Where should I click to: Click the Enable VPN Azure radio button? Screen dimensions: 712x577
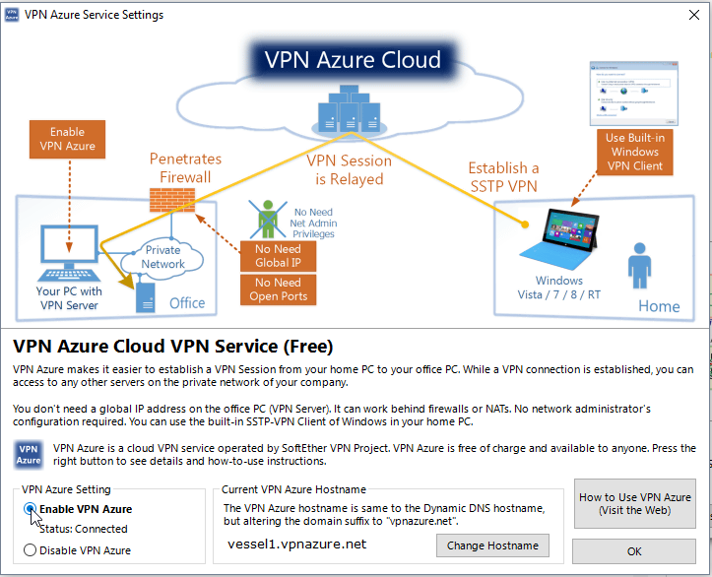pos(30,509)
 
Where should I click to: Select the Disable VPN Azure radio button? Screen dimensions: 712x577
pos(30,550)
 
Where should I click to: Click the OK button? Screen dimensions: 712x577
pos(634,551)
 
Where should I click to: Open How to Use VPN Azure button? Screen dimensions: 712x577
pos(635,503)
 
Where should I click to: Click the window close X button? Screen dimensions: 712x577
pos(694,15)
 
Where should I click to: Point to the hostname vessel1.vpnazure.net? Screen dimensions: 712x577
pos(297,544)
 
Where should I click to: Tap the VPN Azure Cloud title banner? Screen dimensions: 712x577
pos(353,59)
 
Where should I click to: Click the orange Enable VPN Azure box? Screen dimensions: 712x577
pos(67,139)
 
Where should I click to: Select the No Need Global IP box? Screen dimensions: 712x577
pos(278,256)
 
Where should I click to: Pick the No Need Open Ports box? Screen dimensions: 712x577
pos(278,289)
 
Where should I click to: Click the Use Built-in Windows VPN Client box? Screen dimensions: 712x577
pos(635,152)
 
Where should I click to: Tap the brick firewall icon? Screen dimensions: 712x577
pos(172,200)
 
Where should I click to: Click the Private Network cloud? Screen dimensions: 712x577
pos(162,258)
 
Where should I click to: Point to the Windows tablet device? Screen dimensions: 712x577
pos(559,239)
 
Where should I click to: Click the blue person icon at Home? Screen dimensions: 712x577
pos(640,266)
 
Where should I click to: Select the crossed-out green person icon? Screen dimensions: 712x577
pos(268,219)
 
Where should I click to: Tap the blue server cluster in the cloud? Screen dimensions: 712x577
pos(350,109)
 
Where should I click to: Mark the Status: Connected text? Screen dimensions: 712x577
pos(84,529)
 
